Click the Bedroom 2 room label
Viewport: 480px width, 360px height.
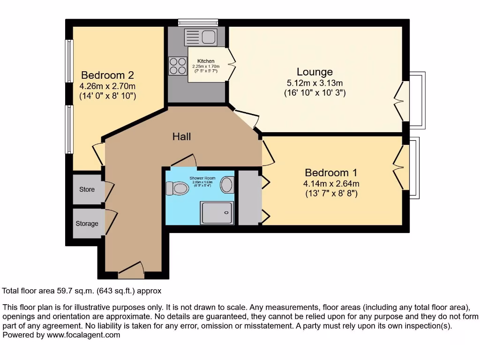(x=108, y=75)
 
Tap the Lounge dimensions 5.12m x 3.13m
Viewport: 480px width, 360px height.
(x=315, y=83)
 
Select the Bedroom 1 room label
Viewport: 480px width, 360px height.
(x=333, y=172)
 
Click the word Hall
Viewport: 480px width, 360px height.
(x=181, y=136)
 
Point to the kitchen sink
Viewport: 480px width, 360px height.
(x=200, y=37)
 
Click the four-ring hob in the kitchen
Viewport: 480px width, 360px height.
(x=177, y=66)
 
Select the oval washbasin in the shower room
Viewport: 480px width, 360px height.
(x=227, y=184)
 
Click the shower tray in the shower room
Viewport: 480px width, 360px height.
(x=217, y=213)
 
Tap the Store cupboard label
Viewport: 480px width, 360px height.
(x=87, y=189)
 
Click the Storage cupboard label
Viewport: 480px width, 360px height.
(x=87, y=224)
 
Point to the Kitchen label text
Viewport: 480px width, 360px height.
(x=206, y=61)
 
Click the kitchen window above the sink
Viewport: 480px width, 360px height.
(x=198, y=22)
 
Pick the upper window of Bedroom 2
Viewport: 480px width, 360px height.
(x=69, y=61)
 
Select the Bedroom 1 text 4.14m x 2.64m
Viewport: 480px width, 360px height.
(x=332, y=183)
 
